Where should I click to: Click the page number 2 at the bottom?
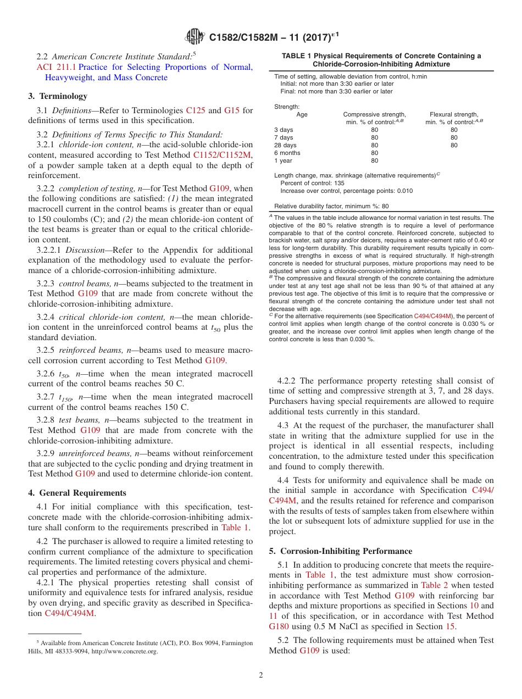pyautogui.click(x=261, y=675)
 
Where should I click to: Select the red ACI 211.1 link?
pyautogui.click(x=52, y=67)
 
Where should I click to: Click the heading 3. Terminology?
pyautogui.click(x=58, y=96)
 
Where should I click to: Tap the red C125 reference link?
pyautogui.click(x=196, y=110)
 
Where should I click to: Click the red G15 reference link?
pyautogui.click(x=231, y=110)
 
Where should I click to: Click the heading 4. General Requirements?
pyautogui.click(x=77, y=493)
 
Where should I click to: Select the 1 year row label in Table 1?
pyautogui.click(x=283, y=160)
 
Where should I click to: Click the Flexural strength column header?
pyautogui.click(x=454, y=114)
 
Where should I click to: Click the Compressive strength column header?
pyautogui.click(x=374, y=114)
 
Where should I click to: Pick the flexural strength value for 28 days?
pyautogui.click(x=454, y=145)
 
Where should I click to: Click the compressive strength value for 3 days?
pyautogui.click(x=374, y=130)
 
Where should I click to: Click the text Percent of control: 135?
pyautogui.click(x=312, y=183)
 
